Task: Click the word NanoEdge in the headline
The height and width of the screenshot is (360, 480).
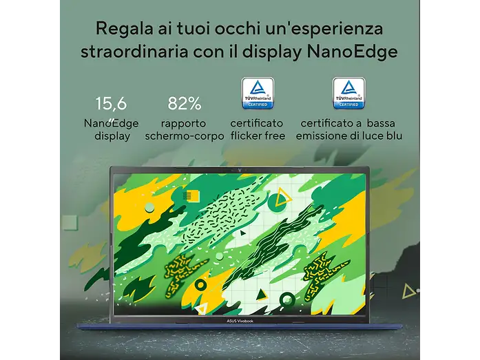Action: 353,52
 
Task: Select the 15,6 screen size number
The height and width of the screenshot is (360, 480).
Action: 111,103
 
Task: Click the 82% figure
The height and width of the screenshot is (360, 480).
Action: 185,103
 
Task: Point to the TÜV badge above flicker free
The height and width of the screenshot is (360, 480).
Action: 258,94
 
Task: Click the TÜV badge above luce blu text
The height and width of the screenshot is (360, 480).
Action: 349,94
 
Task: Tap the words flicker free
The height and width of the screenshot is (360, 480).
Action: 258,136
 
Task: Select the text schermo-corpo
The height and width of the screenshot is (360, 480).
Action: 185,136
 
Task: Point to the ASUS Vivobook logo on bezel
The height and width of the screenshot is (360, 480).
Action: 240,321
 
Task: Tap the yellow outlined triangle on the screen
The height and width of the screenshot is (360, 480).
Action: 282,197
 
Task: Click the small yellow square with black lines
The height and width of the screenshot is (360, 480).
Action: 191,195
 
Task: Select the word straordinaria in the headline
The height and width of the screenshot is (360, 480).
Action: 134,52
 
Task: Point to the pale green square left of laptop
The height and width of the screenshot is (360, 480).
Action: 70,222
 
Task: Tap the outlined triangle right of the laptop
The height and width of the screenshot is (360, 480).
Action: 408,291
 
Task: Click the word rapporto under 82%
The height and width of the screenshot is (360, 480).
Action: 184,124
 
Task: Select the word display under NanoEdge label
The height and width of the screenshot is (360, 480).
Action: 112,136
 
